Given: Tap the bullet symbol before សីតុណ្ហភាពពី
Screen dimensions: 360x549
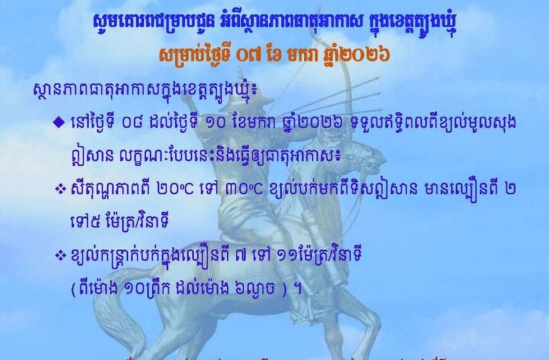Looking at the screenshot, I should (61, 189).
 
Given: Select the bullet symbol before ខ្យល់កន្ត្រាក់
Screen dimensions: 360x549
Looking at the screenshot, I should (61, 255).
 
